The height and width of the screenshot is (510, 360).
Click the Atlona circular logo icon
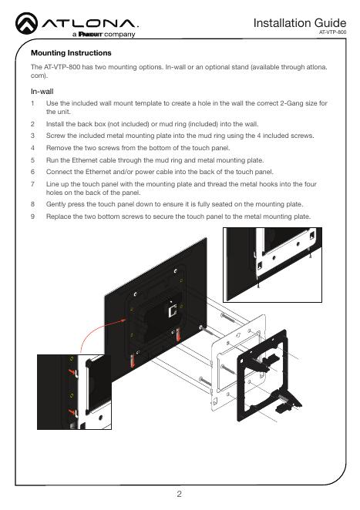pyautogui.click(x=27, y=23)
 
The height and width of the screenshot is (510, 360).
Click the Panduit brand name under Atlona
pyautogui.click(x=91, y=34)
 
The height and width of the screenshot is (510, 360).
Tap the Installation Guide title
pyautogui.click(x=299, y=23)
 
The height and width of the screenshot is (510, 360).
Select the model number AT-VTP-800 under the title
pyautogui.click(x=332, y=32)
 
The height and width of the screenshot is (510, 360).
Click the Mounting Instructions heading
pyautogui.click(x=71, y=52)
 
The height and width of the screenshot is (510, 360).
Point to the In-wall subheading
pyautogui.click(x=42, y=92)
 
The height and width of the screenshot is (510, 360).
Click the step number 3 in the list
pyautogui.click(x=32, y=136)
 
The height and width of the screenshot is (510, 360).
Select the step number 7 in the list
pyautogui.click(x=32, y=184)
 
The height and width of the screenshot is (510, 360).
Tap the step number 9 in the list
pyautogui.click(x=32, y=216)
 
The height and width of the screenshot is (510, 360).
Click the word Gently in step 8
pyautogui.click(x=56, y=204)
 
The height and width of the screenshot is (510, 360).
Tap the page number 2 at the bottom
pyautogui.click(x=179, y=494)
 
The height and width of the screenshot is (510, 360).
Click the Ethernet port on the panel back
pyautogui.click(x=172, y=310)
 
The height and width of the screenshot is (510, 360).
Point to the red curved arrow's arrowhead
pyautogui.click(x=123, y=320)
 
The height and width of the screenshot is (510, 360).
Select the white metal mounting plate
pyautogui.click(x=216, y=357)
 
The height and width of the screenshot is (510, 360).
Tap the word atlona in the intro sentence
pyautogui.click(x=317, y=67)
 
